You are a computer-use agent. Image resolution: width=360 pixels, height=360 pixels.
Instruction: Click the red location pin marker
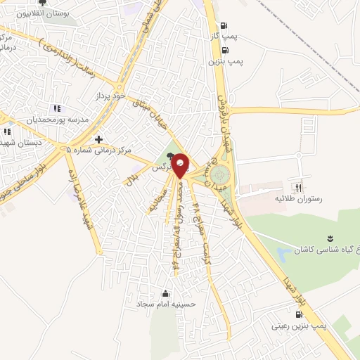click(181, 165)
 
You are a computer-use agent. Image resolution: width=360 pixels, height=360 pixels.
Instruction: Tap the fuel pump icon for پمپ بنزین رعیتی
click(300, 315)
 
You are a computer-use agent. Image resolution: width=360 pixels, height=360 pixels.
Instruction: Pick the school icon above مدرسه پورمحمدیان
click(57, 108)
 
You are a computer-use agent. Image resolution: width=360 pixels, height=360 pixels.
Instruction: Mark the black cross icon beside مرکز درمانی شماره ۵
click(98, 140)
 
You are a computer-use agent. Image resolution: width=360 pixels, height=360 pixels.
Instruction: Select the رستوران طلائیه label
click(298, 199)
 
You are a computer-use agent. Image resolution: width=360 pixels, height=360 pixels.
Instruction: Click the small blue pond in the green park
click(283, 252)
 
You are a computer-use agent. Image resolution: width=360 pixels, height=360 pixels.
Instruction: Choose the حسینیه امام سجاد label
click(166, 304)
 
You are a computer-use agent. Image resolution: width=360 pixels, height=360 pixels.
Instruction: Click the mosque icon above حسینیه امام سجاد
click(166, 293)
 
